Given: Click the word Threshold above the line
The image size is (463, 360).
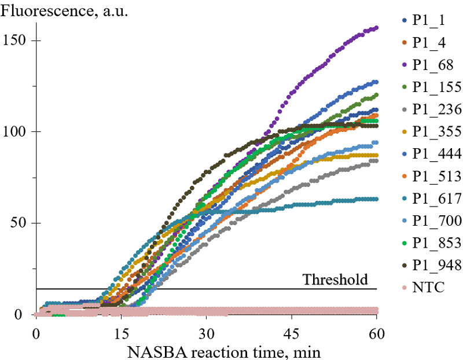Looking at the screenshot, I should tap(335, 280).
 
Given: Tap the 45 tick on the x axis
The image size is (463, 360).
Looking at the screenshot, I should tap(291, 335).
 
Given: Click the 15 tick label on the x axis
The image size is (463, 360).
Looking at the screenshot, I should tap(121, 335).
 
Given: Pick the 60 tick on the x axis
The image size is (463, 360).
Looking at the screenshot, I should tap(376, 335).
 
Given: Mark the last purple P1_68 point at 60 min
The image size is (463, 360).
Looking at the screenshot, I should tap(376, 28).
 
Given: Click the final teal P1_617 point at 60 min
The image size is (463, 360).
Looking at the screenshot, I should tap(376, 199).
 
